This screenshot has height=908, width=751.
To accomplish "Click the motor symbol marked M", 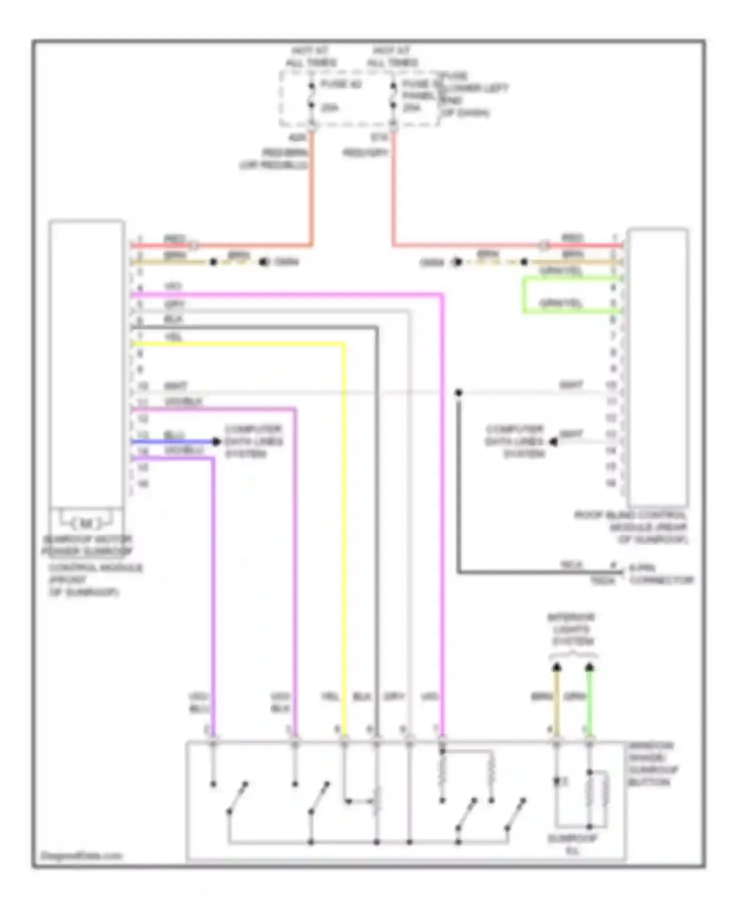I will pyautogui.click(x=87, y=524).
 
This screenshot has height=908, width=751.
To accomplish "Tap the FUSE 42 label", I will pyautogui.click(x=340, y=84).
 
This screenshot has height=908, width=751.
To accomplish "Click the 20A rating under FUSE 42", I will pyautogui.click(x=329, y=108).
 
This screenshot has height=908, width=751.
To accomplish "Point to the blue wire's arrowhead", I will pyautogui.click(x=216, y=441).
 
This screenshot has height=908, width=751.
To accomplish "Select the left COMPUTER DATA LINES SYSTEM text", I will pyautogui.click(x=253, y=441).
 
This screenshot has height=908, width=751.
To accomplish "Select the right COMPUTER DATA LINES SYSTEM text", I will pyautogui.click(x=514, y=441).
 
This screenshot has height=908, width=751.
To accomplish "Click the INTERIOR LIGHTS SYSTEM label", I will pyautogui.click(x=571, y=629).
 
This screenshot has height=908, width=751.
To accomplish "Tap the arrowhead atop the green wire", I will pyautogui.click(x=589, y=667).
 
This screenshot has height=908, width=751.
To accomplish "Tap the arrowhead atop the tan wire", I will pyautogui.click(x=556, y=667).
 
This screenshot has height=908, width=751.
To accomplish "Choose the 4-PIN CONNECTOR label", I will pyautogui.click(x=661, y=574).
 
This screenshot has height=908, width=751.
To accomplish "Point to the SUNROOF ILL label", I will pyautogui.click(x=572, y=844).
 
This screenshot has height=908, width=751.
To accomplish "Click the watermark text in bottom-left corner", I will pyautogui.click(x=81, y=855).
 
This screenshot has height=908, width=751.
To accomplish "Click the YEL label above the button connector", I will pyautogui.click(x=330, y=697).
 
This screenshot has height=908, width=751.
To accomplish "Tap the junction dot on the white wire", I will pyautogui.click(x=459, y=392).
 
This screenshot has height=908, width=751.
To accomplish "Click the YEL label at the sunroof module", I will pyautogui.click(x=173, y=337).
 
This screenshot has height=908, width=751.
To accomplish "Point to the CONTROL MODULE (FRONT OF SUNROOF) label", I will pyautogui.click(x=95, y=580).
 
